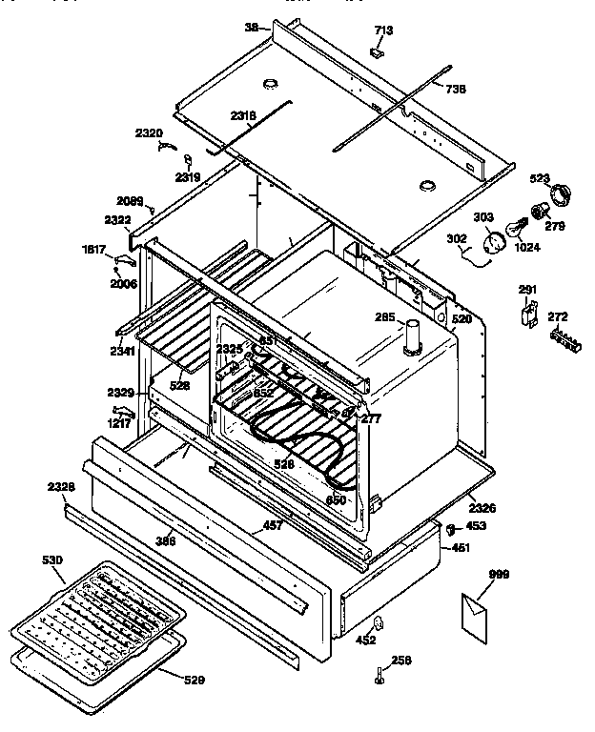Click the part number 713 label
coord(382,30)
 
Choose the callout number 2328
coord(60,487)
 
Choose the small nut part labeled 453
coord(449,526)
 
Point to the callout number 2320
coord(148,132)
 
